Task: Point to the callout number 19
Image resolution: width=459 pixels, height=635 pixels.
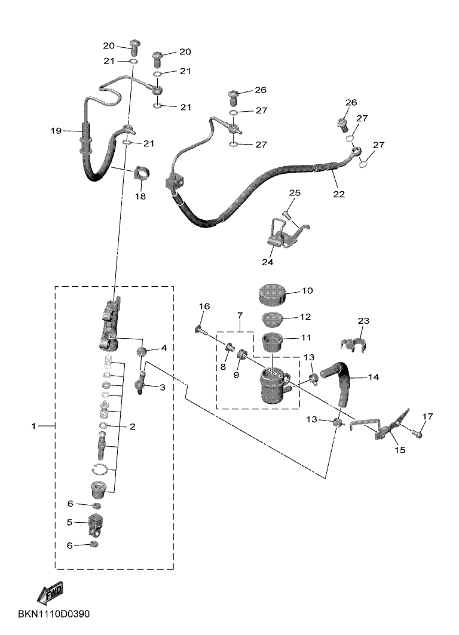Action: tap(56, 130)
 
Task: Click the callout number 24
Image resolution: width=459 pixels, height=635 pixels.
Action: tap(267, 262)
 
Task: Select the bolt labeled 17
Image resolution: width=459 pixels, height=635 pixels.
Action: tap(418, 434)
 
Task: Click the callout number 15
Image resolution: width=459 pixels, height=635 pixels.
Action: tap(399, 450)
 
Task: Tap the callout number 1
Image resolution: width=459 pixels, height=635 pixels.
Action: tap(34, 426)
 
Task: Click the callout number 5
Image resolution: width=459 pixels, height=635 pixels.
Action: tap(69, 522)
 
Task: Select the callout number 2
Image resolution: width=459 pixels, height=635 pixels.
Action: tap(132, 427)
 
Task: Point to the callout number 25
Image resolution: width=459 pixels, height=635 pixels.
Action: tap(295, 193)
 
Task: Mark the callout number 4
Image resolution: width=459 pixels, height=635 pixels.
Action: tap(163, 347)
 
